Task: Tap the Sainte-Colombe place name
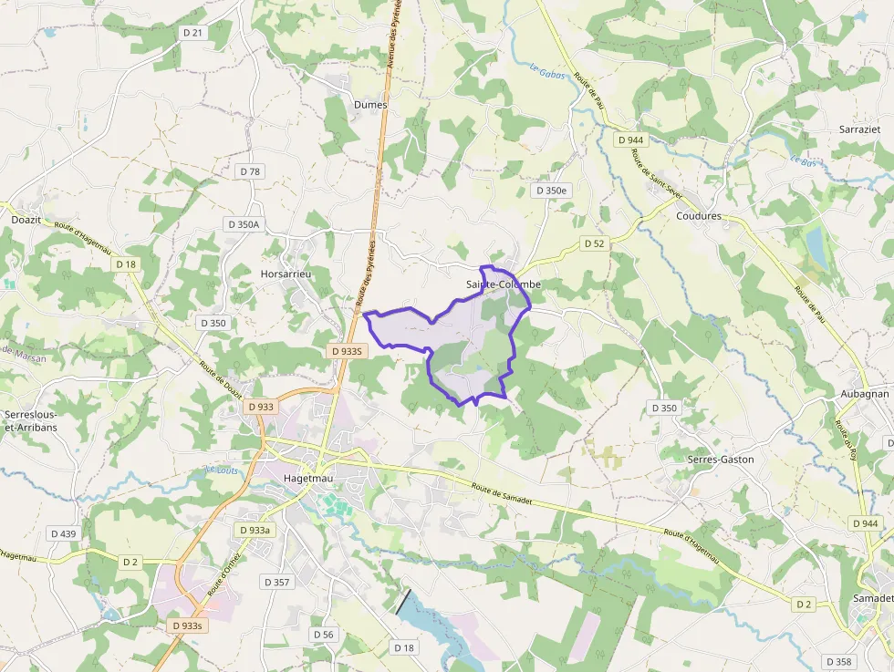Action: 504,284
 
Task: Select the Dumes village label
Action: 369,105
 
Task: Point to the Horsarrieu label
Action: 286,274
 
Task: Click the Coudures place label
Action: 699,216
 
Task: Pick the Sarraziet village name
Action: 859,130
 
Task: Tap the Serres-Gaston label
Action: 721,460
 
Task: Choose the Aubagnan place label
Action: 863,393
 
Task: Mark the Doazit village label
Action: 26,220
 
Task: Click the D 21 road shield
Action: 192,33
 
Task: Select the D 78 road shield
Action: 250,171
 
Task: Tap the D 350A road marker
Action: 244,224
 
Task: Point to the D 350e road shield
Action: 551,191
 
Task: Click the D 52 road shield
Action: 594,243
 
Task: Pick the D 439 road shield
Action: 64,533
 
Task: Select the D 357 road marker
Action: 276,582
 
